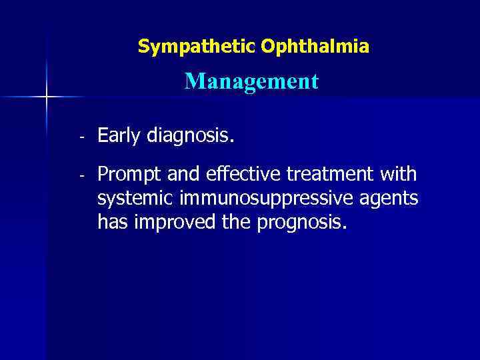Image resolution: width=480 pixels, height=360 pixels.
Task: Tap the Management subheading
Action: point(252,81)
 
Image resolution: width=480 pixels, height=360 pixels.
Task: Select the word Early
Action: point(119,137)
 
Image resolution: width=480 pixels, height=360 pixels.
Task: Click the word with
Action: point(398,175)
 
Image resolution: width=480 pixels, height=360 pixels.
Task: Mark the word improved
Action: point(170,222)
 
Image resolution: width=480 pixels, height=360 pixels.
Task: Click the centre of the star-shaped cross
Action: point(47,97)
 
